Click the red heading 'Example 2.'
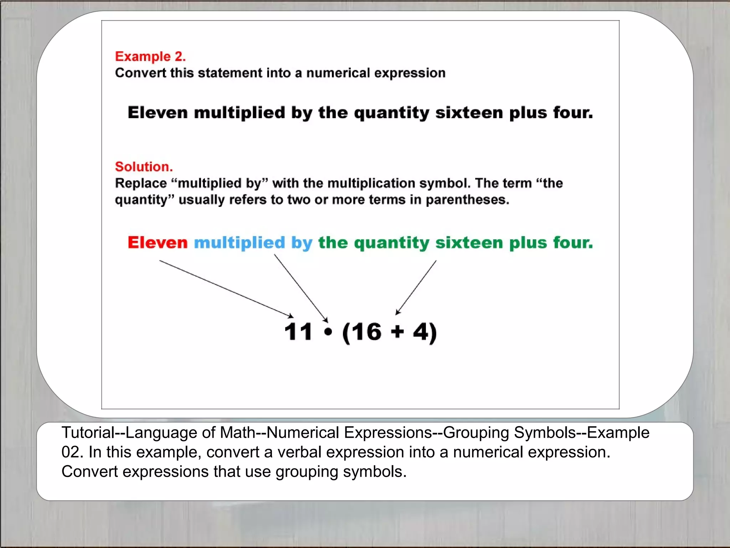pos(150,56)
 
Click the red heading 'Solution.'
pos(144,167)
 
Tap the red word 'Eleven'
pos(158,243)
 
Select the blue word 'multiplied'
pos(239,243)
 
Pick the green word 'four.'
pos(573,243)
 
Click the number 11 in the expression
pos(298,332)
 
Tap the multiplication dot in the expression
pos(328,332)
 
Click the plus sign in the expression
pos(397,332)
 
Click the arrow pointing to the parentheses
pos(416,288)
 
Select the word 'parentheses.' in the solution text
pos(467,199)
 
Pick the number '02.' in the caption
pos(72,452)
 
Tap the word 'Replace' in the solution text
pos(141,183)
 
